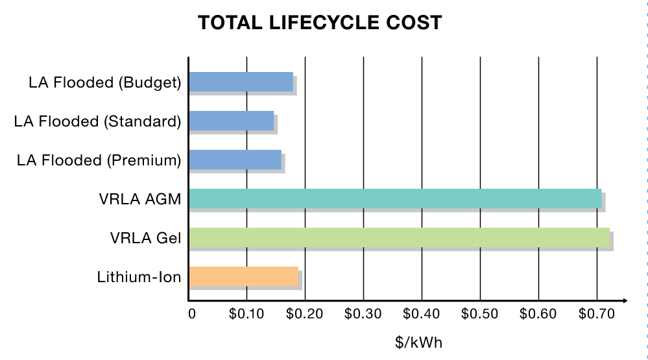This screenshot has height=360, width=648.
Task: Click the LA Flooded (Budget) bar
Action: pyautogui.click(x=241, y=82)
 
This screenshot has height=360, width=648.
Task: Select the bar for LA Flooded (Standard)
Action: pyautogui.click(x=231, y=121)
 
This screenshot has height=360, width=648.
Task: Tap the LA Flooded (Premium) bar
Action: pyautogui.click(x=235, y=160)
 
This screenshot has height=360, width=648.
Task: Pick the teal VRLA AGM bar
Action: pyautogui.click(x=395, y=198)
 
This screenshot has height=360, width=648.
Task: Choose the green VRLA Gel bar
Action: pyautogui.click(x=399, y=238)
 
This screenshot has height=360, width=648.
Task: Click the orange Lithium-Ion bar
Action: pyautogui.click(x=243, y=277)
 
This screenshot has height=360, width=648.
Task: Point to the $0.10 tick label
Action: pyautogui.click(x=246, y=315)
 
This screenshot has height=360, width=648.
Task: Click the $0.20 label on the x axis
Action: pyautogui.click(x=304, y=315)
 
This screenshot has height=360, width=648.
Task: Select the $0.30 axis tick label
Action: pyautogui.click(x=363, y=315)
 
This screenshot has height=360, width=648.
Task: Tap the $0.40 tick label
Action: pyautogui.click(x=422, y=315)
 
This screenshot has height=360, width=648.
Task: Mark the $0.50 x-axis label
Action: pyautogui.click(x=480, y=315)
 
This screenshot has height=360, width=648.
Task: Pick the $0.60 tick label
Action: pyautogui.click(x=538, y=315)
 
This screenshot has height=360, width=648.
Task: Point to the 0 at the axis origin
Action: pyautogui.click(x=191, y=315)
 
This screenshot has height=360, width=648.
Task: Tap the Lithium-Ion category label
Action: pyautogui.click(x=139, y=278)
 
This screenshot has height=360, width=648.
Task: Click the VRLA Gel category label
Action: pyautogui.click(x=145, y=239)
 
